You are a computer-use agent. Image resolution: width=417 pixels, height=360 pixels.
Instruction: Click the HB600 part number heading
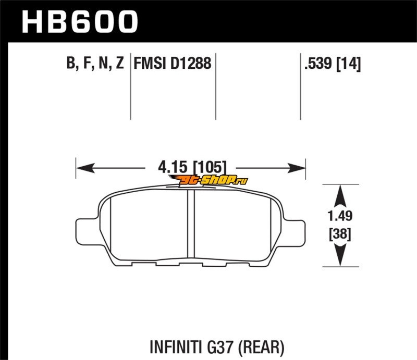(80, 22)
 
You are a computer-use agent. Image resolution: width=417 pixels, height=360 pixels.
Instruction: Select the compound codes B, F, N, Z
(95, 63)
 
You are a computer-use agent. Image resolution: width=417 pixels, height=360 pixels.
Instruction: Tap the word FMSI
(150, 63)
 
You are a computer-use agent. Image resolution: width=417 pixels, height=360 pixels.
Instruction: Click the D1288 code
(191, 63)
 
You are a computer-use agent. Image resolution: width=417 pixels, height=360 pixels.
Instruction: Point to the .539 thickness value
(318, 63)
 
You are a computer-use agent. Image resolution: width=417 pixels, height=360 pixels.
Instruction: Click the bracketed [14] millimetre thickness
(349, 64)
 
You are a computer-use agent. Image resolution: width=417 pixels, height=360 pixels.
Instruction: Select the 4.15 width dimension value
(173, 167)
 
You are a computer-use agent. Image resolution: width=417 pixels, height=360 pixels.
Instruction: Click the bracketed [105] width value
(210, 168)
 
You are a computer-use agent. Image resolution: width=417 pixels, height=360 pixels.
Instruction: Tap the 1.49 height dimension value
(340, 216)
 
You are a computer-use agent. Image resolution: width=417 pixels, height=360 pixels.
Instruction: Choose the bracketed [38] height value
(340, 234)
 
